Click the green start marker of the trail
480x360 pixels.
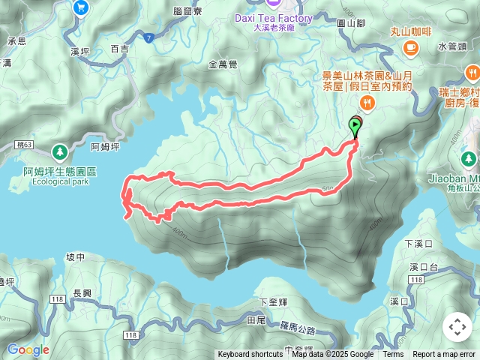tap(355, 126)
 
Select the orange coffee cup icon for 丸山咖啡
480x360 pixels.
tap(410, 48)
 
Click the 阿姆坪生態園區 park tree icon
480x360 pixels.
tap(60, 151)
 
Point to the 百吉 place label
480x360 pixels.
tap(119, 49)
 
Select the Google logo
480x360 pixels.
tap(28, 349)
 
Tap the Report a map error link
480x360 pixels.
tap(444, 355)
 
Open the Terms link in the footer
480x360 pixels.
tap(393, 355)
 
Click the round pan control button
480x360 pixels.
tap(457, 327)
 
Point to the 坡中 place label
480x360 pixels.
tap(76, 256)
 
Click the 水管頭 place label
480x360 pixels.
tap(451, 46)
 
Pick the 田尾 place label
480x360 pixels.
tap(256, 319)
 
